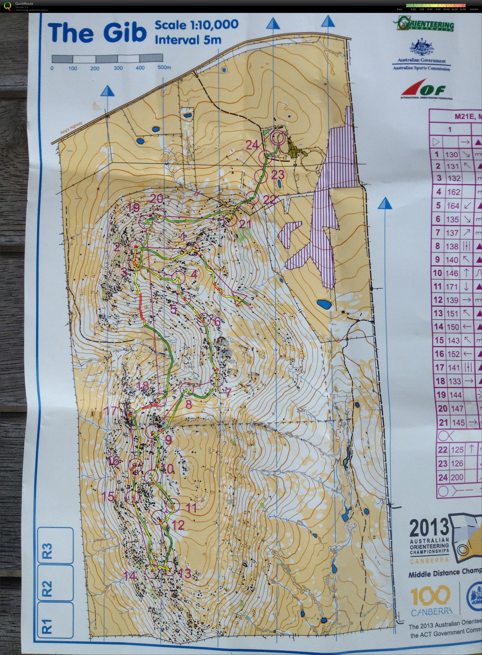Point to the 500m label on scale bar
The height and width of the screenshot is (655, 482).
pos(164,68)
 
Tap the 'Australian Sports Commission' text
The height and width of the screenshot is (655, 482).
pos(421,68)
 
